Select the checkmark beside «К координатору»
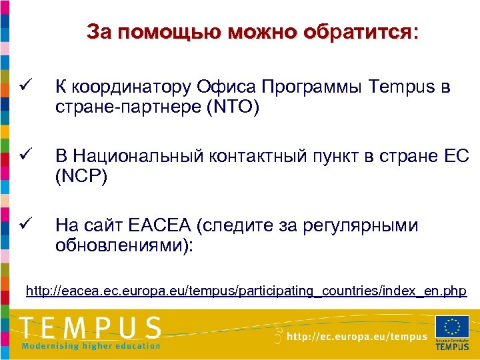(x=25, y=87)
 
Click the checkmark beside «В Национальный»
(x=25, y=156)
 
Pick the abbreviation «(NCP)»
(x=82, y=176)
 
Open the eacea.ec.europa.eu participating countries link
(x=246, y=291)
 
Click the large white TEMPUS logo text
(x=91, y=327)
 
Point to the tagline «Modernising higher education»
(x=91, y=345)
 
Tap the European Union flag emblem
(x=452, y=327)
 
